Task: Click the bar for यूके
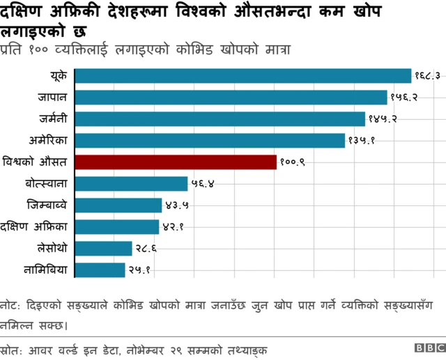[243, 76]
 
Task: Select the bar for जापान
[231, 97]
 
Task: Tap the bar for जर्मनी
[220, 119]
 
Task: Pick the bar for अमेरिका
[210, 141]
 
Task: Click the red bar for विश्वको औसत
[176, 162]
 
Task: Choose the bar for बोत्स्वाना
[131, 184]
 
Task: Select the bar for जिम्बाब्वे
[118, 205]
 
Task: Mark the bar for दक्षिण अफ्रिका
[116, 227]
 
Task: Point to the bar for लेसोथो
[103, 249]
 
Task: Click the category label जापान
[53, 97]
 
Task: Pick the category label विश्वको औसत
[35, 162]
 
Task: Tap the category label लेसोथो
[52, 248]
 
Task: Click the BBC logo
[428, 347]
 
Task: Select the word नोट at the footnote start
[10, 306]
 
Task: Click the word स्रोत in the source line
[12, 347]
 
